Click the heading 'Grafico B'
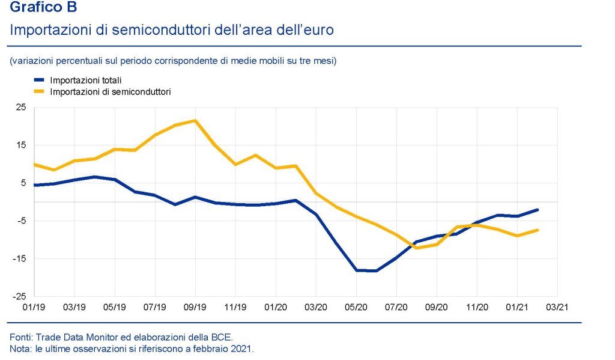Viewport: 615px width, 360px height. pos(43,8)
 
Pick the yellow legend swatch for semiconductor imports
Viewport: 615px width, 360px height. pos(40,92)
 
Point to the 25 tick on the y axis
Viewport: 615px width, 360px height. pos(21,107)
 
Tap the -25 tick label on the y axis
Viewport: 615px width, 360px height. pos(19,296)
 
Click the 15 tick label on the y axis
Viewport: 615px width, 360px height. pos(21,145)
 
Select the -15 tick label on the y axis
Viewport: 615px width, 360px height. pos(19,258)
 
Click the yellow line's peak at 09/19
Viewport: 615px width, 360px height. pos(195,121)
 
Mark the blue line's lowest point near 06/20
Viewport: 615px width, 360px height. pos(376,271)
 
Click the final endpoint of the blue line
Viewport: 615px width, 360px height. pos(537,210)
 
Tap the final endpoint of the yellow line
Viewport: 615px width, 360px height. pos(537,230)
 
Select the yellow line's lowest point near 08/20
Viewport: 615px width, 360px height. pos(416,248)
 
